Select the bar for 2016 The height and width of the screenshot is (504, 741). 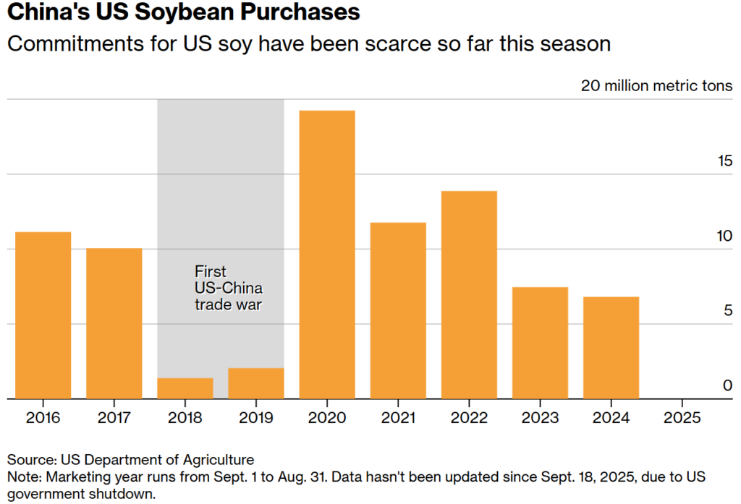tap(43, 315)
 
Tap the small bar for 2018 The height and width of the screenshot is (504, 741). tap(185, 388)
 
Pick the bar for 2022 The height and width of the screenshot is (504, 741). tap(469, 294)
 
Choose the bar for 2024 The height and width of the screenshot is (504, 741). tap(611, 347)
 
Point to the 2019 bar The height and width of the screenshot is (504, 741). tap(256, 383)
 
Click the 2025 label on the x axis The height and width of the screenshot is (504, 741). tap(682, 418)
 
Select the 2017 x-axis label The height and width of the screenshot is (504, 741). tap(114, 418)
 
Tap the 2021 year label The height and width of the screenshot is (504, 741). tap(398, 418)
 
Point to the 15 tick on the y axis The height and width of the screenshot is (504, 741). tap(724, 161)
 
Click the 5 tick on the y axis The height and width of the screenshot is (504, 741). tap(727, 311)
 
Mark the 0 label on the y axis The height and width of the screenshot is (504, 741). tap(727, 385)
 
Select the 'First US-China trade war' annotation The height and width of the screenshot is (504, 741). tap(227, 288)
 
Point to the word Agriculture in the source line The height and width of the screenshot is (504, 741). tap(220, 460)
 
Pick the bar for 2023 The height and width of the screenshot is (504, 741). tap(540, 343)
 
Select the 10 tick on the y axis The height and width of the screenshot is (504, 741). tap(724, 236)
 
